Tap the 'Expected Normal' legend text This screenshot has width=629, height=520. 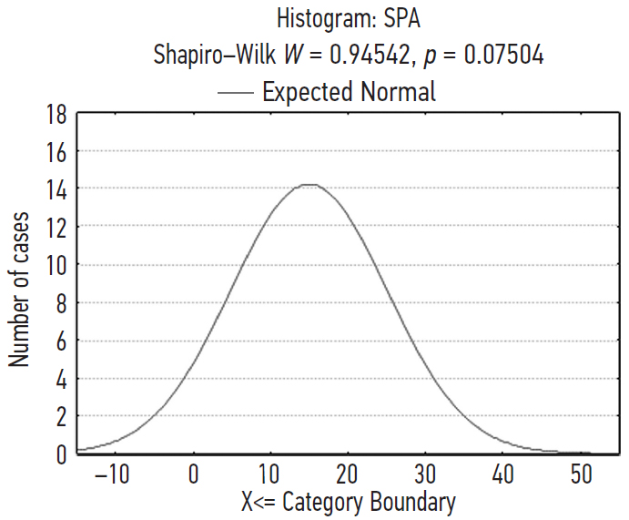(x=349, y=92)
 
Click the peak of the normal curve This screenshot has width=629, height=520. (x=309, y=185)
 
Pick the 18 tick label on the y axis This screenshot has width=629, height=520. (x=56, y=114)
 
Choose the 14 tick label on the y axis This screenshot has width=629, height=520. (x=56, y=189)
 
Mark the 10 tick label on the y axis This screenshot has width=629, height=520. (x=56, y=265)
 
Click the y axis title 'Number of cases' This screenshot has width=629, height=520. (x=20, y=290)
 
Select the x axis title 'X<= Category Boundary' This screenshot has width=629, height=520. (x=349, y=502)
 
